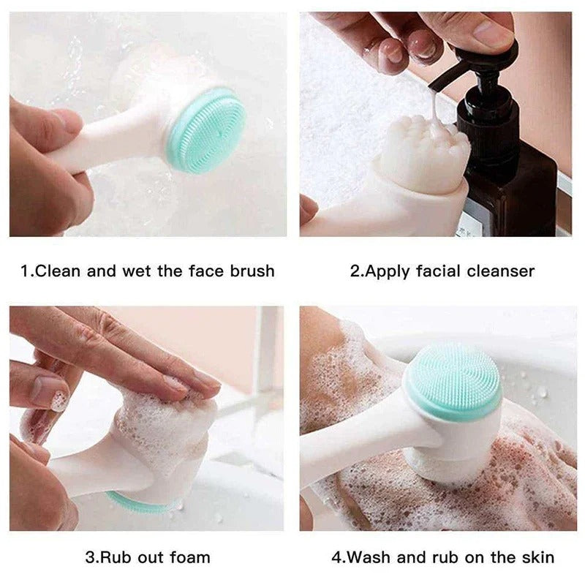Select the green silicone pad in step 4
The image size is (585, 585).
click(453, 380)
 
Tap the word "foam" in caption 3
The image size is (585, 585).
click(189, 557)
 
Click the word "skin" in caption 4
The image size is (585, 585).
click(537, 557)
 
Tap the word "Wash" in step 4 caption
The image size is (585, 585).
click(369, 557)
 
